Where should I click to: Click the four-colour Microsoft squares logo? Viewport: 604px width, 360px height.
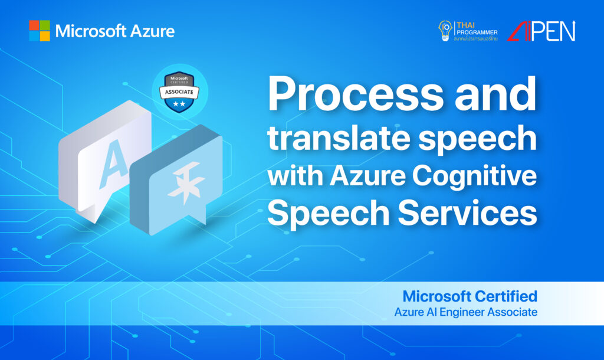(x=40, y=31)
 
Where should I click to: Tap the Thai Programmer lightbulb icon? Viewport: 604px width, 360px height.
(x=445, y=30)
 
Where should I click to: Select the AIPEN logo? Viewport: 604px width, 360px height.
(x=541, y=31)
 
